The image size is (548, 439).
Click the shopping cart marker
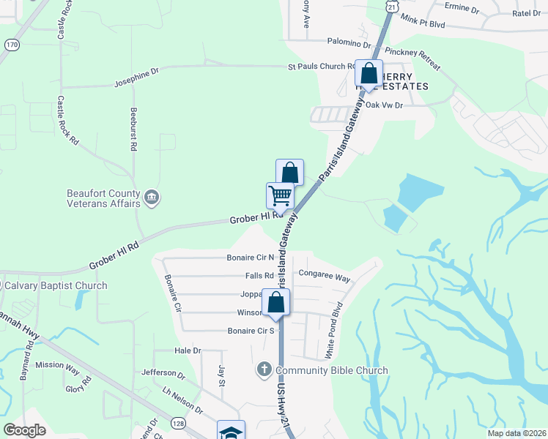(x=280, y=196)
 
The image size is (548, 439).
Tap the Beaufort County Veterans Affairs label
(x=103, y=198)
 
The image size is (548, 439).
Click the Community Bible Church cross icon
(x=264, y=370)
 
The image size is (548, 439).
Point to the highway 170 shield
(x=12, y=45)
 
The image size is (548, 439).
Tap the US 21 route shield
(x=393, y=6)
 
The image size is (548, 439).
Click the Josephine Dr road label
(x=136, y=78)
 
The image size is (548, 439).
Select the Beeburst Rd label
(x=133, y=132)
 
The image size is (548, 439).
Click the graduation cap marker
(x=232, y=432)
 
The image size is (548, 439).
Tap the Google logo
(x=25, y=430)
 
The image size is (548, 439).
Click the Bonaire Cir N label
(x=250, y=258)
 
